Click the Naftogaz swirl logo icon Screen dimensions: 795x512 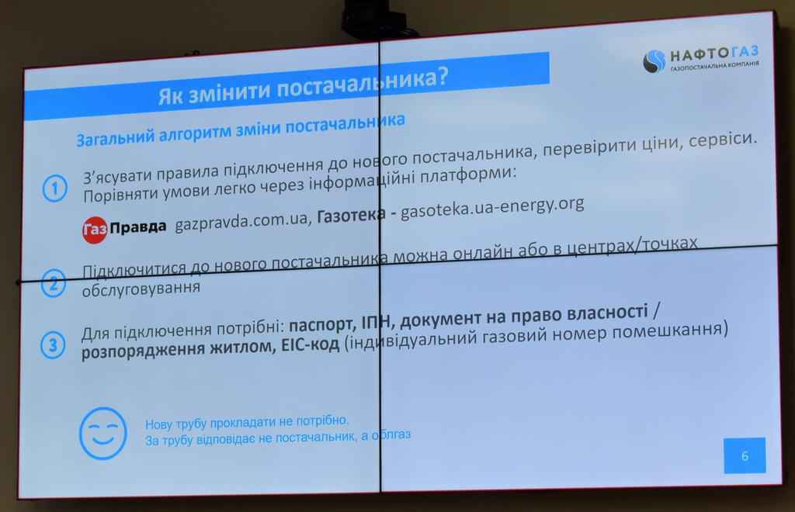pyautogui.click(x=654, y=61)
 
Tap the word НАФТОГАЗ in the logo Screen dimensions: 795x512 pyautogui.click(x=714, y=54)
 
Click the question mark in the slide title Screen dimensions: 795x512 pyautogui.click(x=442, y=77)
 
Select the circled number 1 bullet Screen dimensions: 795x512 pyautogui.click(x=55, y=189)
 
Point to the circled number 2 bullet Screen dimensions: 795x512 pyautogui.click(x=54, y=283)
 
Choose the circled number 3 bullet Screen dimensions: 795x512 pyautogui.click(x=53, y=345)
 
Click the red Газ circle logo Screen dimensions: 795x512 pyautogui.click(x=94, y=230)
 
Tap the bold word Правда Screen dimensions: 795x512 pyautogui.click(x=138, y=227)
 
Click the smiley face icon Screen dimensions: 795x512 pyautogui.click(x=103, y=434)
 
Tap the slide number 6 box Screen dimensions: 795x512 pyautogui.click(x=745, y=455)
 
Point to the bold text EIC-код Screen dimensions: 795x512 pyautogui.click(x=311, y=345)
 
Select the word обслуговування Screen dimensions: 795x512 pyautogui.click(x=141, y=289)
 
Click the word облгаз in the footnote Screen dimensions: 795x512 pyautogui.click(x=391, y=434)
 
